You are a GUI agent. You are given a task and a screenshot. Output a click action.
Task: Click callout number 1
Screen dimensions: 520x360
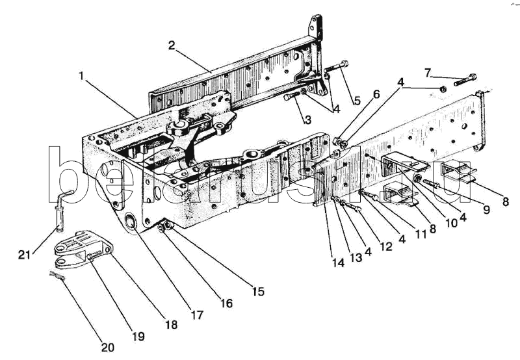pyautogui.click(x=81, y=77)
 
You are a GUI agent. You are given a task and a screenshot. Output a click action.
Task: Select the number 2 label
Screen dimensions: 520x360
pyautogui.click(x=171, y=45)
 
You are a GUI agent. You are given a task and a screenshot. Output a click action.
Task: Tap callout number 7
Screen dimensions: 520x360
pyautogui.click(x=428, y=73)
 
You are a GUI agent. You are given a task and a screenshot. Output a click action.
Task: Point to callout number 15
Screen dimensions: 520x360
pyautogui.click(x=258, y=292)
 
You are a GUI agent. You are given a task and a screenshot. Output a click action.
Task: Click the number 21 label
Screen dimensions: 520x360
pyautogui.click(x=24, y=255)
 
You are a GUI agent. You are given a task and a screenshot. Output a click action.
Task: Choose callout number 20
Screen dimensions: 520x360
pyautogui.click(x=107, y=348)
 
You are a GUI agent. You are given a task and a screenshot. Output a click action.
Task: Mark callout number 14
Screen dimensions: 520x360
pyautogui.click(x=338, y=263)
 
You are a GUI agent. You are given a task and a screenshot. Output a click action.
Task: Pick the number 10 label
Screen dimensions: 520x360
pyautogui.click(x=451, y=223)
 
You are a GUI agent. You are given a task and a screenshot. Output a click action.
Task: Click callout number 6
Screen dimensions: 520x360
pyautogui.click(x=376, y=94)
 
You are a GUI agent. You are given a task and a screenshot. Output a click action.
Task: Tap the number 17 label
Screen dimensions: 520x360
pyautogui.click(x=197, y=315)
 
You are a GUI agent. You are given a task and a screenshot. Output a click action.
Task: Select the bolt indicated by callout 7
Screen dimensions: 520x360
pyautogui.click(x=465, y=79)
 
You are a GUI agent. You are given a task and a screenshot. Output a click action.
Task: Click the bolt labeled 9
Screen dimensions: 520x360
pyautogui.click(x=430, y=183)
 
